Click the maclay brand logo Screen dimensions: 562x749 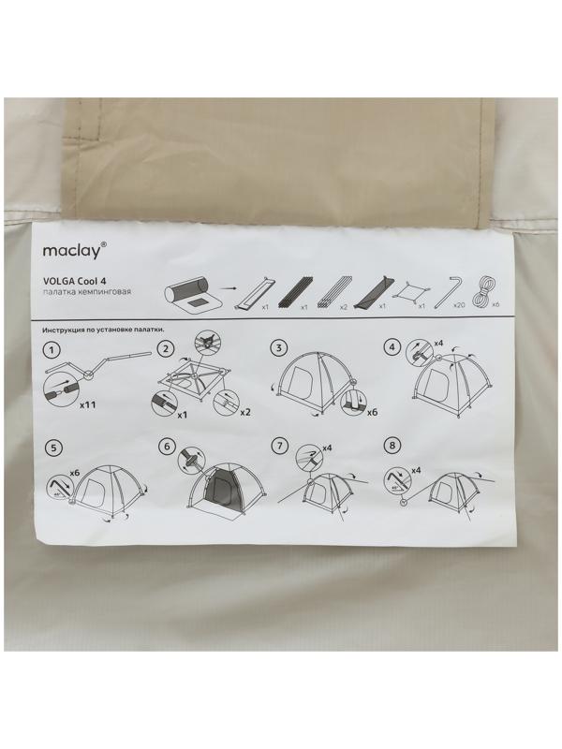[x=72, y=250]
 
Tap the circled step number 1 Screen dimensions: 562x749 [x=52, y=350]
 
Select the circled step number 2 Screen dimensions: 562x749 [x=166, y=348]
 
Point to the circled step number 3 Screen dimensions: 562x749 [x=278, y=347]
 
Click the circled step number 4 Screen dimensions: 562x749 [x=392, y=347]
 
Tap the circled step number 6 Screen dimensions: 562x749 [x=167, y=447]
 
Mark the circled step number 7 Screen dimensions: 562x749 [x=279, y=447]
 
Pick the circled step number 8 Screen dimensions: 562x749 [x=392, y=446]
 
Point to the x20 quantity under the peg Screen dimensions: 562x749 [x=460, y=305]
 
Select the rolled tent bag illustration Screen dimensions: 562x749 [x=188, y=297]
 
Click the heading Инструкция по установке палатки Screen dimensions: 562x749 [x=104, y=330]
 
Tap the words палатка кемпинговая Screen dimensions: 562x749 [x=86, y=291]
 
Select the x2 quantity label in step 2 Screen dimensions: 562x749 [x=244, y=412]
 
